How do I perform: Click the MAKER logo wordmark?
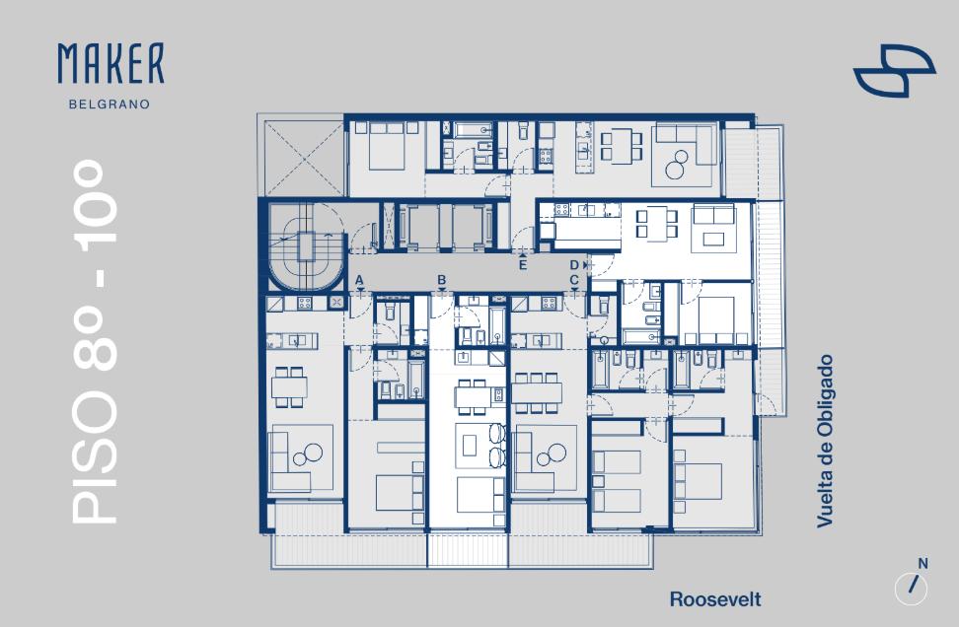pyautogui.click(x=111, y=63)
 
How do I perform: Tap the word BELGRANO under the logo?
pyautogui.click(x=110, y=104)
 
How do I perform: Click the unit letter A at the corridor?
pyautogui.click(x=359, y=280)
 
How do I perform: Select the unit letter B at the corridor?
pyautogui.click(x=442, y=280)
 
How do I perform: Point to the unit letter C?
pyautogui.click(x=574, y=280)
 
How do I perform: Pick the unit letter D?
pyautogui.click(x=574, y=264)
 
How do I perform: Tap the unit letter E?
pyautogui.click(x=522, y=264)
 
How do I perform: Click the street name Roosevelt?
pyautogui.click(x=715, y=599)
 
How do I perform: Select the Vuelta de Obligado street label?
pyautogui.click(x=825, y=442)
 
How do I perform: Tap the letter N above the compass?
pyautogui.click(x=922, y=564)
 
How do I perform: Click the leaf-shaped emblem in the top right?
pyautogui.click(x=894, y=70)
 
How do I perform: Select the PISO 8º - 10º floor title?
pyautogui.click(x=95, y=342)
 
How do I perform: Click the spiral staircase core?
pyautogui.click(x=307, y=246)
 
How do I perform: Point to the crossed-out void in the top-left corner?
pyautogui.click(x=303, y=158)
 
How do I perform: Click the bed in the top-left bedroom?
pyautogui.click(x=387, y=147)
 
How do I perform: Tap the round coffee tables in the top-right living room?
pyautogui.click(x=677, y=165)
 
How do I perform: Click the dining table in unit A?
pyautogui.click(x=289, y=386)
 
